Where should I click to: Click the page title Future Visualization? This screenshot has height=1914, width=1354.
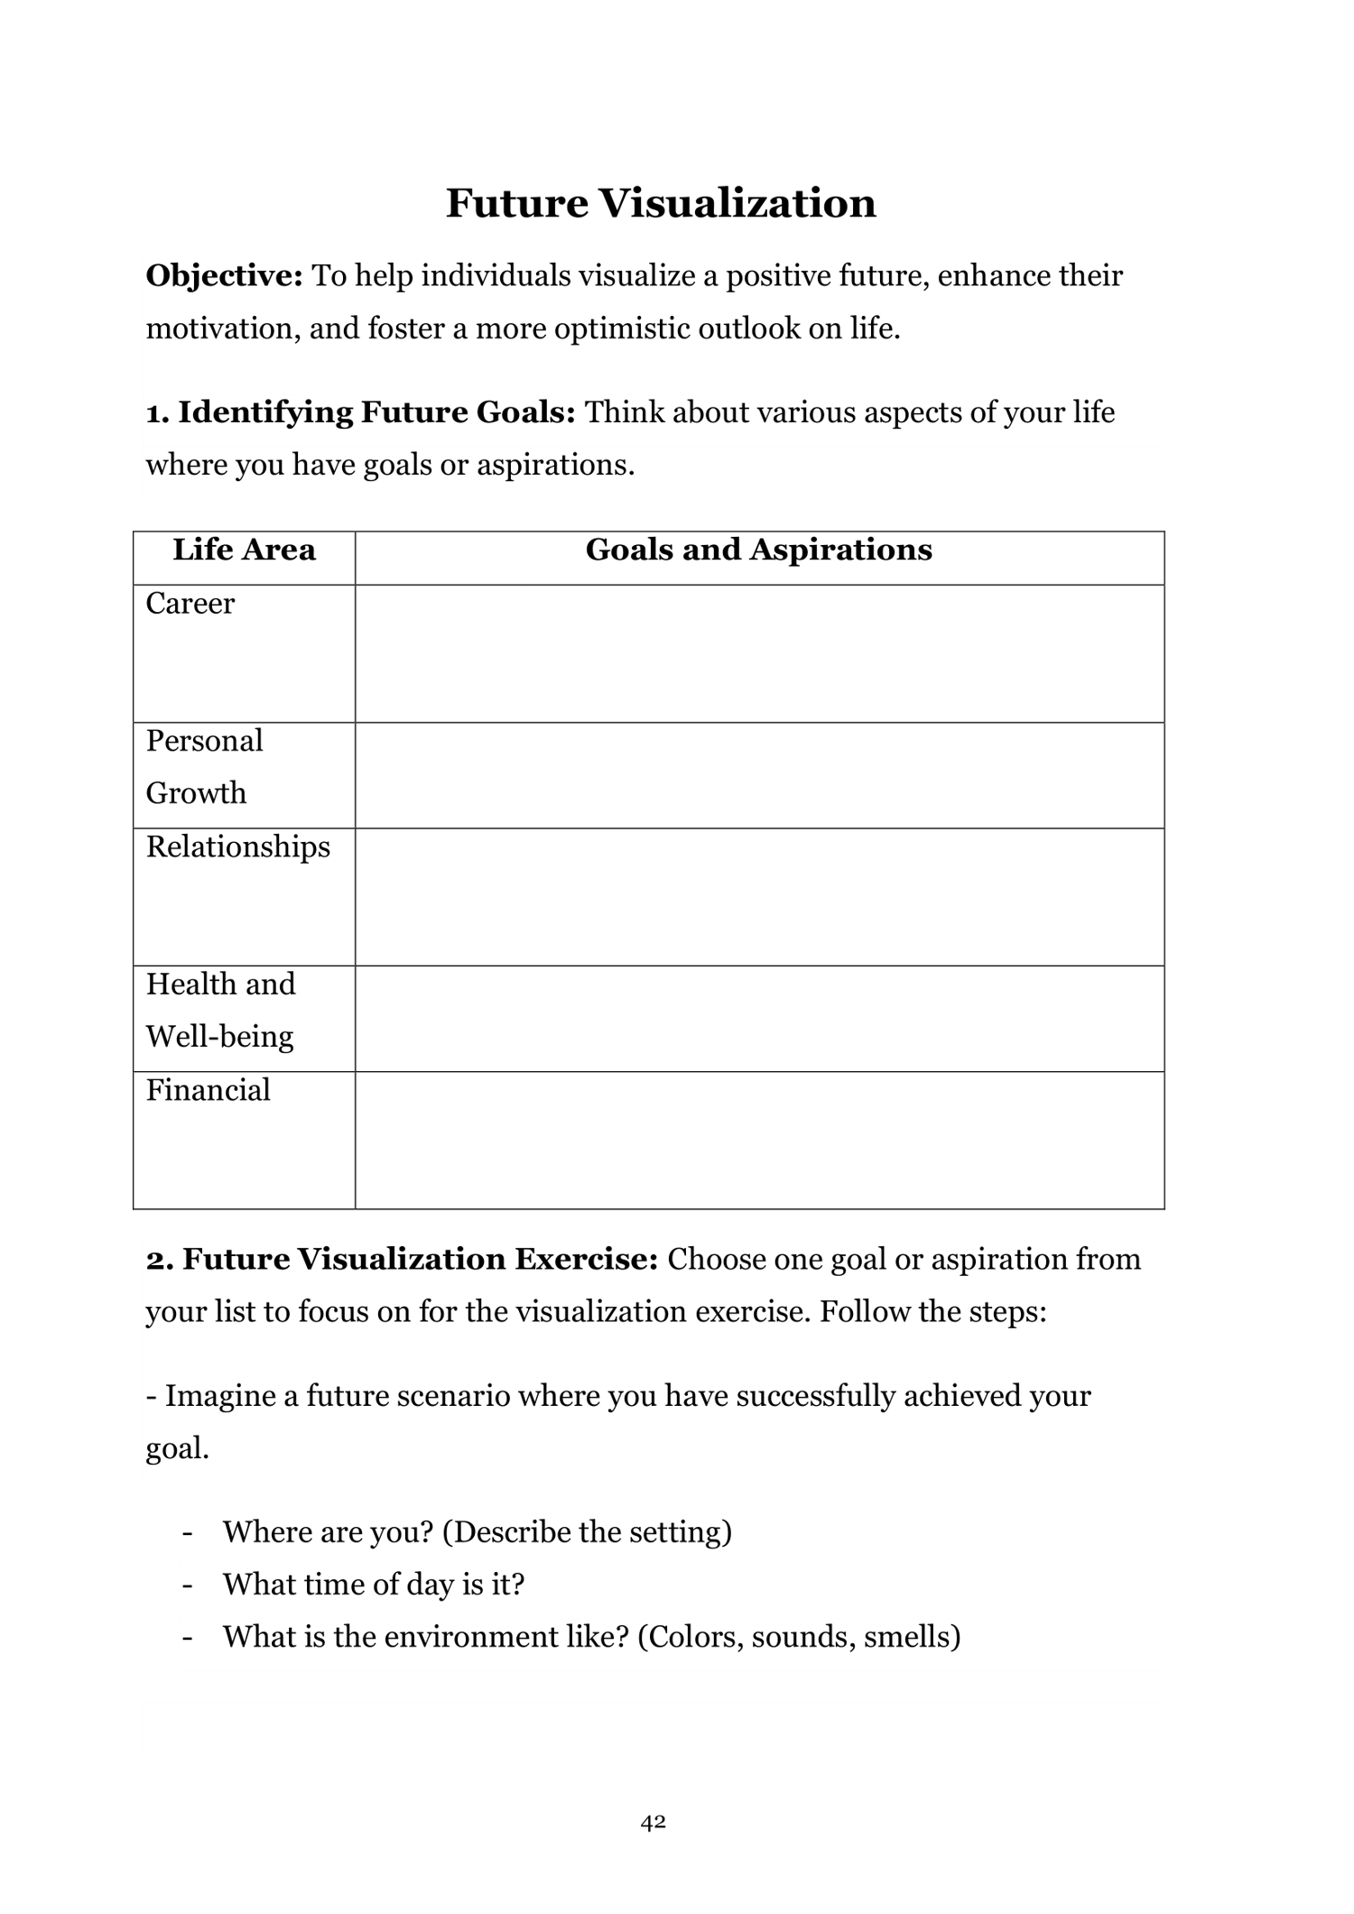661,203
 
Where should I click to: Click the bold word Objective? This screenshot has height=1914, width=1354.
224,275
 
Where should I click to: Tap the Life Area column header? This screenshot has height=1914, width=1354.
244,550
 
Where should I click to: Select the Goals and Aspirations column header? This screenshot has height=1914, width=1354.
758,550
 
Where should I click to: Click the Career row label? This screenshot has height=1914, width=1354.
190,603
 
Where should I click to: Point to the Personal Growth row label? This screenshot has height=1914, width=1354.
204,766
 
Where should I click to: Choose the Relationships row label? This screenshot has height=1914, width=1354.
238,846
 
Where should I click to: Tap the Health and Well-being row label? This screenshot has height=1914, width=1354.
220,1010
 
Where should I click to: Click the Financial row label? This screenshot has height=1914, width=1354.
209,1090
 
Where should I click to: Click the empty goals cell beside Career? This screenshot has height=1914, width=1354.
758,653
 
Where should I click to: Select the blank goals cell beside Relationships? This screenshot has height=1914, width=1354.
758,897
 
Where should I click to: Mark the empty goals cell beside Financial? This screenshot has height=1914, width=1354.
758,1141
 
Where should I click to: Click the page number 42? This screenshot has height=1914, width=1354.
654,1822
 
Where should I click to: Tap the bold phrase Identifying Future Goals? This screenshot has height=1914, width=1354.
376,412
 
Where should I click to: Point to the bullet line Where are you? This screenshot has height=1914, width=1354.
477,1531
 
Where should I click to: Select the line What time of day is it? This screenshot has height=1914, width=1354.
373,1584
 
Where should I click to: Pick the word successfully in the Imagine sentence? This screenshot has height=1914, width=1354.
815,1396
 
